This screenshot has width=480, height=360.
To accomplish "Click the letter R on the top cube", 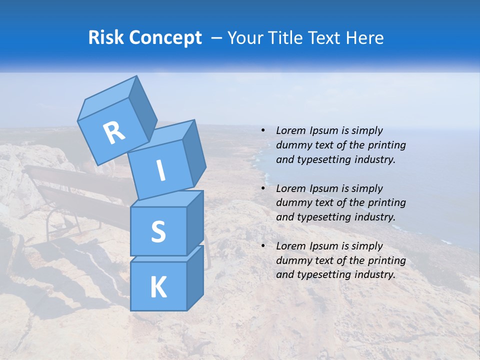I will (x=114, y=132).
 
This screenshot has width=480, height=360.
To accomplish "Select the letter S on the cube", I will (x=158, y=232).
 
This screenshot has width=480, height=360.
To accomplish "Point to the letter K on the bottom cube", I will (x=158, y=287).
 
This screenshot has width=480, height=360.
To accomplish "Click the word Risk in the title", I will (x=106, y=37).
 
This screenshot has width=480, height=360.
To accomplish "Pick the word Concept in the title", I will (x=165, y=38).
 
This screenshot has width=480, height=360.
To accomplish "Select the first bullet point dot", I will (x=263, y=131).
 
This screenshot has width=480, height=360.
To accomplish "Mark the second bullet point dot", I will (x=263, y=189).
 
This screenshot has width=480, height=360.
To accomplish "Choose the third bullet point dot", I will (x=263, y=246).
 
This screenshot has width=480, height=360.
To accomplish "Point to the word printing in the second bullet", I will (x=386, y=203).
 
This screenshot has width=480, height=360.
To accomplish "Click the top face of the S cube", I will (x=167, y=199).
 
